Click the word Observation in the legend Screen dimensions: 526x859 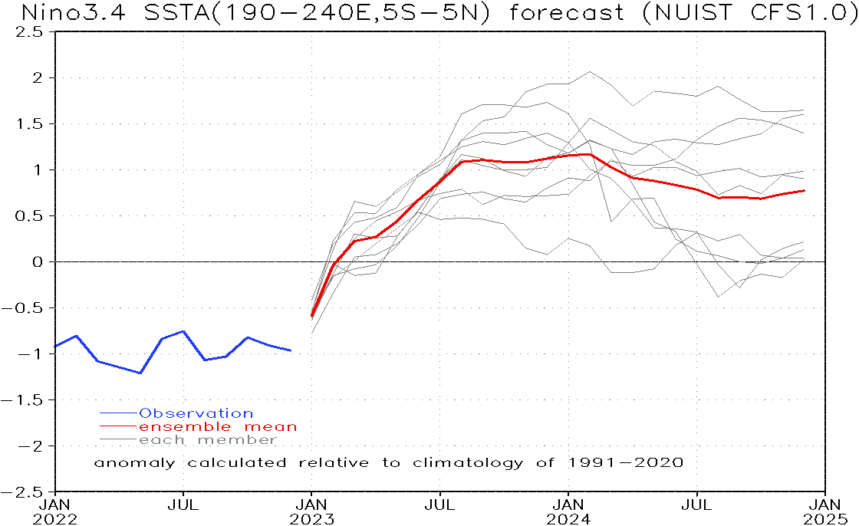[196, 413]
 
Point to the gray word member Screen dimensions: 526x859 [238, 440]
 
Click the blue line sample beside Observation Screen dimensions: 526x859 [118, 414]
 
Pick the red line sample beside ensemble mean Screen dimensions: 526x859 [118, 427]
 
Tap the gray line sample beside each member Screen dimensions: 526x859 [118, 440]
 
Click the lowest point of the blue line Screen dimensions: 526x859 [140, 373]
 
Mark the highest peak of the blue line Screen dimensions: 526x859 [183, 331]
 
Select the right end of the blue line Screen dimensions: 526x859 [291, 350]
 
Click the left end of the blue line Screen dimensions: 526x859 [55, 347]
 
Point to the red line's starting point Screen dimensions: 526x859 [312, 316]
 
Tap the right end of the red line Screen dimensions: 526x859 [804, 190]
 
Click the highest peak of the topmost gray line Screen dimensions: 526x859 [589, 72]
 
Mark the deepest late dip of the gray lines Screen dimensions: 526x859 [719, 296]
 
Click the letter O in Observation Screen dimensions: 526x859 [144, 413]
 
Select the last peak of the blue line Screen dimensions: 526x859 [247, 337]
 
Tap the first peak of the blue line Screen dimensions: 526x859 [76, 336]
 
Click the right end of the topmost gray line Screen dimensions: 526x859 [804, 110]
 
